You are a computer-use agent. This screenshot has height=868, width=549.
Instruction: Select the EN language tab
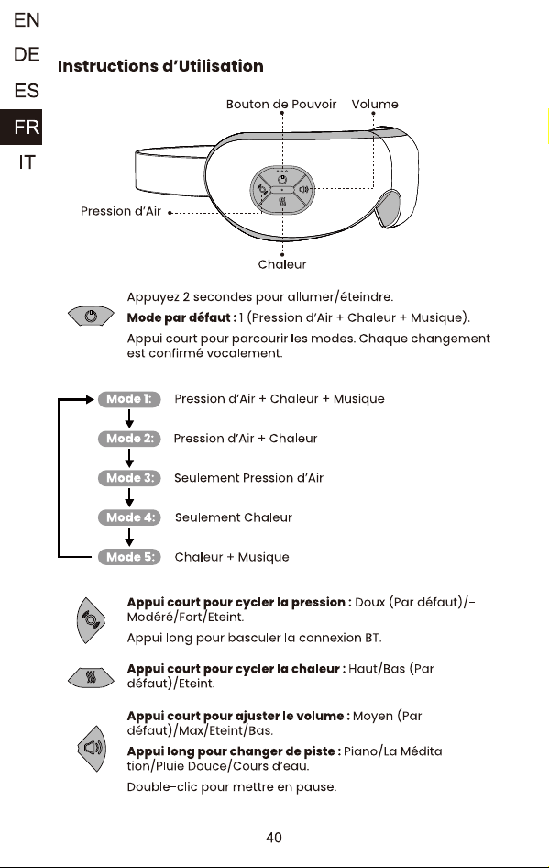point(27,20)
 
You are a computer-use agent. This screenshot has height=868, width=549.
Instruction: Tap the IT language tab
point(27,162)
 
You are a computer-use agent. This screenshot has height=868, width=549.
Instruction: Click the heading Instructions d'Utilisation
point(160,66)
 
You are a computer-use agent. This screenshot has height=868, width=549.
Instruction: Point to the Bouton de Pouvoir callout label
point(280,104)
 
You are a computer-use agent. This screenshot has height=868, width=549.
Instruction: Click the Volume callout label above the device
point(374,104)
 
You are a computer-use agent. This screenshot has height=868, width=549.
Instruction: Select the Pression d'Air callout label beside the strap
point(121,211)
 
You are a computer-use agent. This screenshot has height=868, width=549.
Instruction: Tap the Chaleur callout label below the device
point(282,264)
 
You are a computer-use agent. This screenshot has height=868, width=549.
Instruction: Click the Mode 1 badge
point(129,399)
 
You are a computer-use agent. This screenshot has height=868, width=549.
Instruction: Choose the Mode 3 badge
point(129,478)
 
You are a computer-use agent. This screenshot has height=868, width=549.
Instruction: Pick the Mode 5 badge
point(129,557)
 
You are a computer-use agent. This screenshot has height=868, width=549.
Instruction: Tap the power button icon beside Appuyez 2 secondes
point(92,316)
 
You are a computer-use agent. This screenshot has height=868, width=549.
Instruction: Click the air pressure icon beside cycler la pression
point(92,620)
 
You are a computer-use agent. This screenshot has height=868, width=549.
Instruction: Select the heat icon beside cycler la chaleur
point(92,676)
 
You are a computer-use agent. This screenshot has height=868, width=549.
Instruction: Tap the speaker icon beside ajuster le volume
point(92,749)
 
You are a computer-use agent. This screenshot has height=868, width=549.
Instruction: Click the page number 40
point(274,838)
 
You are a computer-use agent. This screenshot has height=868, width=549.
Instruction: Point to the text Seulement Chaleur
point(234,517)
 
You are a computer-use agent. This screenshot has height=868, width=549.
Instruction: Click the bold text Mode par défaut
point(181,317)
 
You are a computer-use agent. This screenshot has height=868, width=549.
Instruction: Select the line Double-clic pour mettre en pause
point(232,786)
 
